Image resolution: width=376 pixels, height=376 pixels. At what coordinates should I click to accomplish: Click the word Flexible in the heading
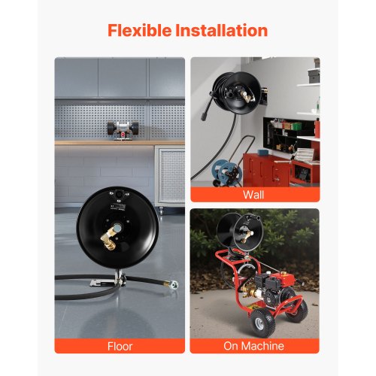tap(139, 30)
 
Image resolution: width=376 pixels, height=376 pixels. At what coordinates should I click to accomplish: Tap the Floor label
tap(120, 346)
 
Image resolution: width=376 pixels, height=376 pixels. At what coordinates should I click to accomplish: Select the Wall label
tap(253, 195)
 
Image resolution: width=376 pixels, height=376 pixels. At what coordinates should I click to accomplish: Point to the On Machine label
tap(253, 346)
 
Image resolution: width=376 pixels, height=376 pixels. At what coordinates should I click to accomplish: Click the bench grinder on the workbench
tap(123, 130)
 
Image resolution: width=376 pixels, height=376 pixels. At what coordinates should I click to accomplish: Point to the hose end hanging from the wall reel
tap(205, 117)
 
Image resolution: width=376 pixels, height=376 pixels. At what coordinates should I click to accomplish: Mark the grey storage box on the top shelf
tap(314, 75)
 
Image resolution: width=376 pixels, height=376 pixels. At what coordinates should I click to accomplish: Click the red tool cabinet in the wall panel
tap(266, 170)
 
